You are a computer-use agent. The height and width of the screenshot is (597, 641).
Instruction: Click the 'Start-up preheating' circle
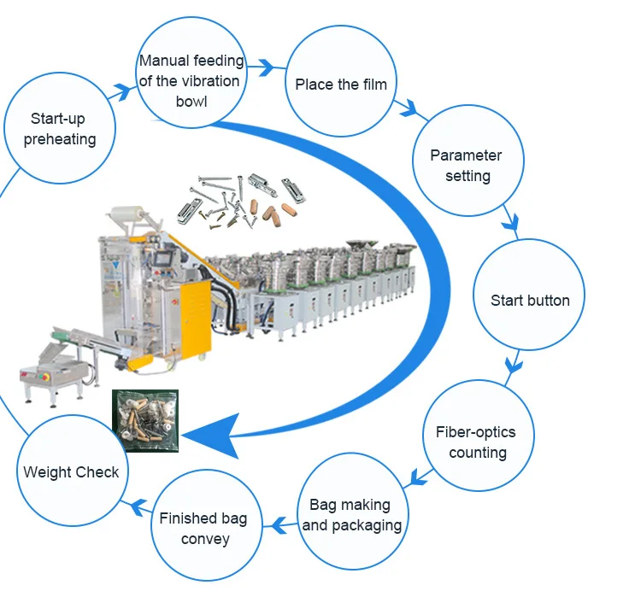tap(60, 128)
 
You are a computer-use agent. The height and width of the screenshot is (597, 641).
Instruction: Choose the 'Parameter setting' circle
tap(466, 166)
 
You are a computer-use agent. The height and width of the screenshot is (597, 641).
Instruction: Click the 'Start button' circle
tap(529, 300)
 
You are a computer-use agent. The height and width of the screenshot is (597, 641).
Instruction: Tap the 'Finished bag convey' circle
tap(203, 529)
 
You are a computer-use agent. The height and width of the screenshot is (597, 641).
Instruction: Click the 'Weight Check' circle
tap(71, 471)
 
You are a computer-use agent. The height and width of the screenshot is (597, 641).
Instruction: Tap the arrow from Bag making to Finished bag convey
tap(277, 522)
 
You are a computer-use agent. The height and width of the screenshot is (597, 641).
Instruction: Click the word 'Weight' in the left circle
tap(48, 471)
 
